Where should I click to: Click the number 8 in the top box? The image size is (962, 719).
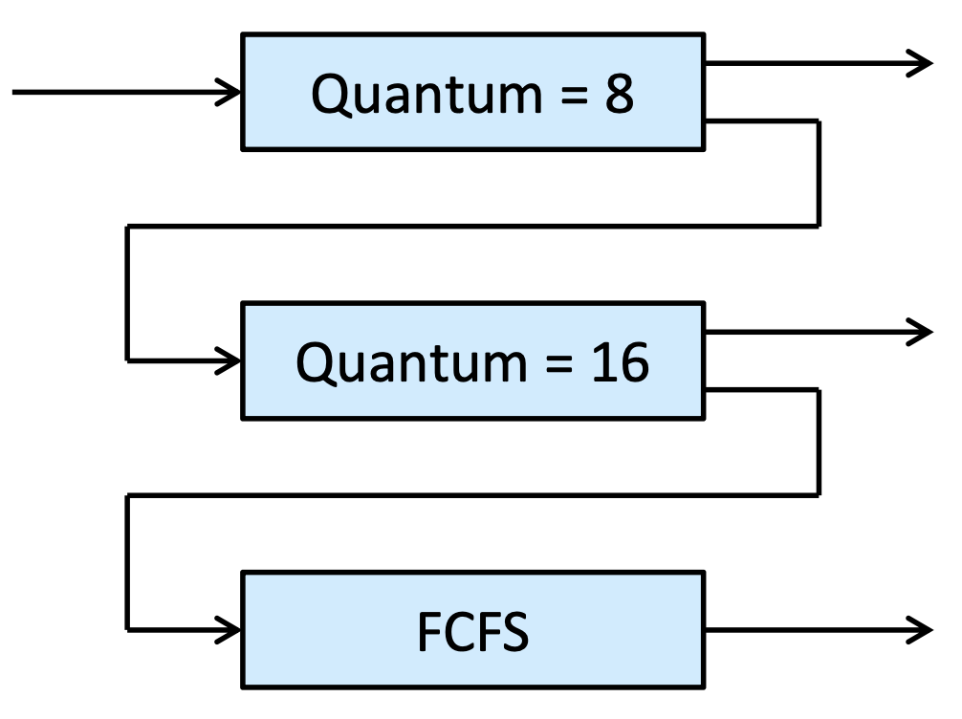619,94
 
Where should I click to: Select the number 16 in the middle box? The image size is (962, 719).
620,362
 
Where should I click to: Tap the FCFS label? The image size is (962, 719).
472,631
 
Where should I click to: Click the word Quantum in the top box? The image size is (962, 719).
427,94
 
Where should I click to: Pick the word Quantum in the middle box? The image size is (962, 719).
412,362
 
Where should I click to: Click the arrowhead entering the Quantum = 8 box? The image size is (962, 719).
229,92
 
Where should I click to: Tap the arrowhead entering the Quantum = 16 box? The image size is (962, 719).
229,360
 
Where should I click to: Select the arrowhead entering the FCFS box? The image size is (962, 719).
229,629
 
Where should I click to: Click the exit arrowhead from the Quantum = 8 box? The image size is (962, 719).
920,63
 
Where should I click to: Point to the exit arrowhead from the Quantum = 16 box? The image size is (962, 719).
920,332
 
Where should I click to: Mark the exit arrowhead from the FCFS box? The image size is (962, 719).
920,630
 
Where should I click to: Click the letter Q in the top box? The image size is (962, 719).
330,95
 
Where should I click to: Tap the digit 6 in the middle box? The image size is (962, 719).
634,362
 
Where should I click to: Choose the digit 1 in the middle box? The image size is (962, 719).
602,362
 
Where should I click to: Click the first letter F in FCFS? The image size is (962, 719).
429,632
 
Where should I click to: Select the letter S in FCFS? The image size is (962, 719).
514,632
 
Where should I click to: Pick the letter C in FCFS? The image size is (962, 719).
460,632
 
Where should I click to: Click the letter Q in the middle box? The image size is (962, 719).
315,363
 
